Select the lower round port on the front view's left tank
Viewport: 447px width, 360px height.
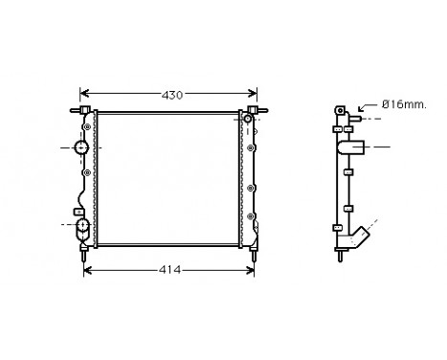point(82,225)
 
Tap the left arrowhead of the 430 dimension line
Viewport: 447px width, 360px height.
point(82,96)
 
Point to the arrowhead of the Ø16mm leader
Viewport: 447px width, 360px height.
point(359,110)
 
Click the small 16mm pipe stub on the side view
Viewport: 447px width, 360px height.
point(352,119)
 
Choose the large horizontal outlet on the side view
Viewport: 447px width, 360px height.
point(356,147)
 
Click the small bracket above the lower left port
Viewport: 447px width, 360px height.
point(76,210)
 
